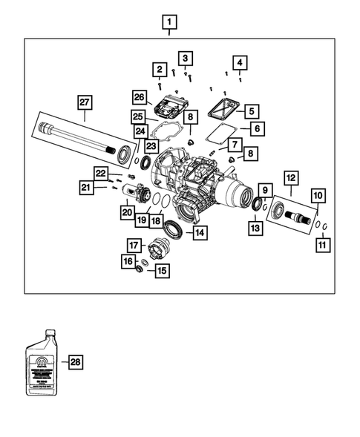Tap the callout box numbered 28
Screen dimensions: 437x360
[74, 362]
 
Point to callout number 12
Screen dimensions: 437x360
[289, 178]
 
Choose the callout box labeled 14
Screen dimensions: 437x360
[199, 232]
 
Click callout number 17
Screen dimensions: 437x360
[134, 244]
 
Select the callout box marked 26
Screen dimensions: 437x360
[139, 96]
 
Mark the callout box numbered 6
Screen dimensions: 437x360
[257, 128]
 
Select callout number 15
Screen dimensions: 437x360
[161, 270]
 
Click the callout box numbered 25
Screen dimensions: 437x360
[138, 117]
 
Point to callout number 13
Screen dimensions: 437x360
[255, 228]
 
